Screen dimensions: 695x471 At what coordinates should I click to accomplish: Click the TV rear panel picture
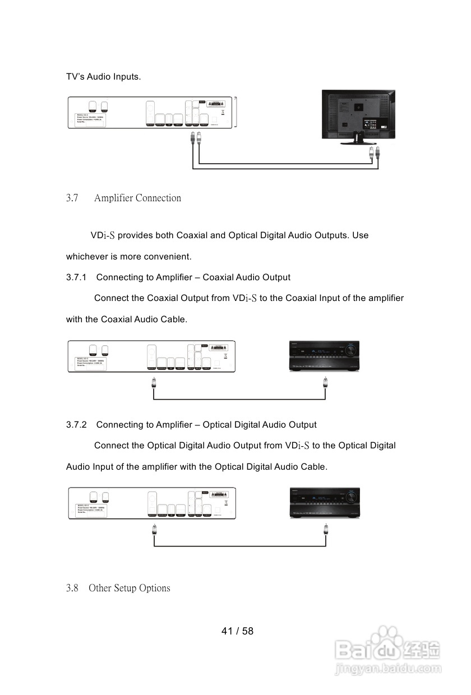tap(358, 114)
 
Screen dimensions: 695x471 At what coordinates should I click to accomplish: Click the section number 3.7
tap(72, 198)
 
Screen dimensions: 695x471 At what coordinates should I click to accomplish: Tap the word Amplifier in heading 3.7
tap(114, 198)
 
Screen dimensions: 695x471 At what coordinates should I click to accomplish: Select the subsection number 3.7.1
tap(76, 277)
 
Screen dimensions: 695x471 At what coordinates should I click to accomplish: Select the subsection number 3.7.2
tap(76, 425)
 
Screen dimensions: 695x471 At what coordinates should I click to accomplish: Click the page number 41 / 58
tap(237, 631)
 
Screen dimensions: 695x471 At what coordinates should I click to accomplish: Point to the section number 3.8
tap(72, 588)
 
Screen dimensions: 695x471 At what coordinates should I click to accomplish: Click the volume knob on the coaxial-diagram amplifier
tap(352, 349)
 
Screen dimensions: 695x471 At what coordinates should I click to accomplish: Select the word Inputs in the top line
tap(126, 76)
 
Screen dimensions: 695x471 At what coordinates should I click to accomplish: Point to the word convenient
tap(168, 257)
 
